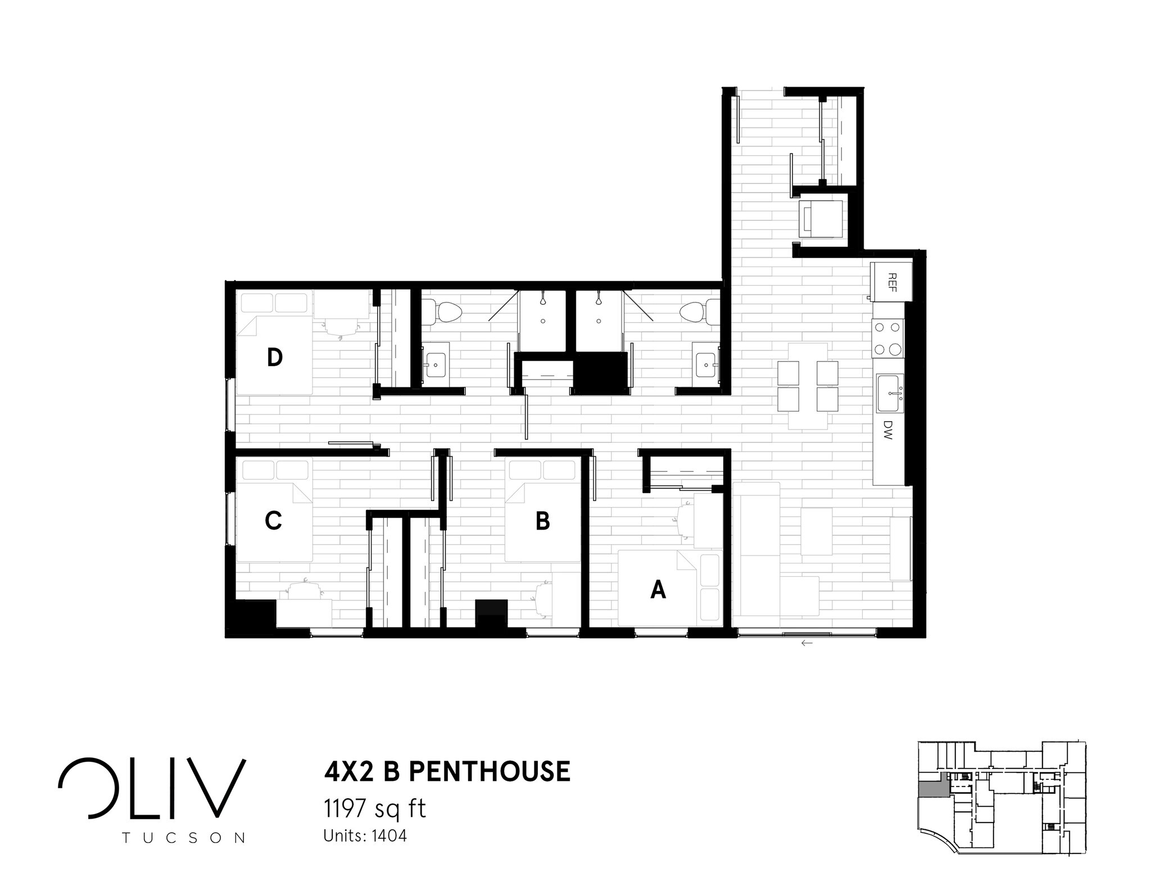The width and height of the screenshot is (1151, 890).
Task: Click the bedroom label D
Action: (x=274, y=358)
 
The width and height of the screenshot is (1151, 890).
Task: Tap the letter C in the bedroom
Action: (x=273, y=521)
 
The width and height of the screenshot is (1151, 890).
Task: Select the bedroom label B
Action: (x=542, y=521)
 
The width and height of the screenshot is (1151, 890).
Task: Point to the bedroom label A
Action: (x=658, y=590)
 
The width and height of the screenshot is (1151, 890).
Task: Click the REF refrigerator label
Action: (x=891, y=281)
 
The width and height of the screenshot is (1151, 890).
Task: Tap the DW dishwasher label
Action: (x=888, y=430)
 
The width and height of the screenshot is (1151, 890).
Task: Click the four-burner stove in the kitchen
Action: (x=887, y=338)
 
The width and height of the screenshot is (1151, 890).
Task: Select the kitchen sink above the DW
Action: (x=889, y=393)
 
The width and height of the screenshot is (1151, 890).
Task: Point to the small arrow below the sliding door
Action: (x=807, y=643)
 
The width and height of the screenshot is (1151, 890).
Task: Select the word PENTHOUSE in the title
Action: (x=489, y=771)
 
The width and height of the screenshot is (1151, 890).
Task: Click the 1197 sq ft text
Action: (x=375, y=809)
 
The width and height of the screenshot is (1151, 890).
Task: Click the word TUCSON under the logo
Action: (x=183, y=838)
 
